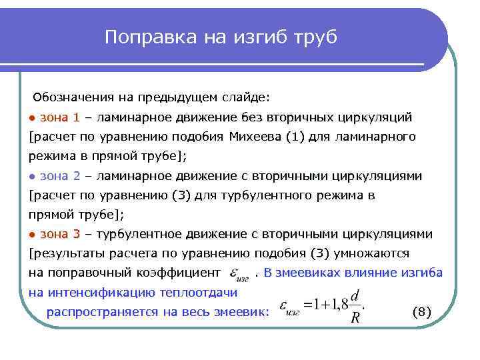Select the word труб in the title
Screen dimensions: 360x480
(315, 37)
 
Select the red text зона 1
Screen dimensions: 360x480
(60, 118)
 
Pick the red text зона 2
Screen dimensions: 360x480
(60, 177)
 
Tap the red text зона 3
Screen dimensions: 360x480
(60, 235)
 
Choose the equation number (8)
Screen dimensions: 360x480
(423, 311)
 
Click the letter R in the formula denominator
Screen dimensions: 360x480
(355, 318)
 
